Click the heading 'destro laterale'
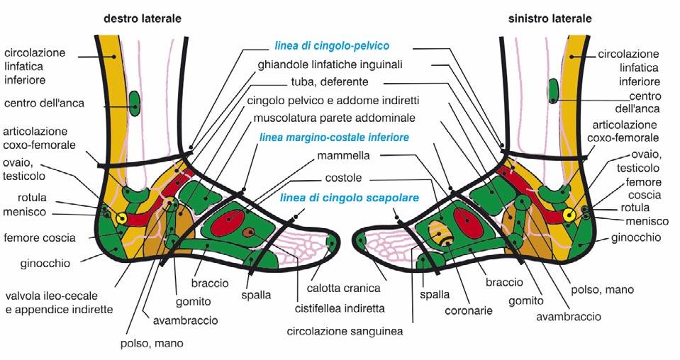point(142,18)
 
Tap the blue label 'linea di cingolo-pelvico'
point(332,46)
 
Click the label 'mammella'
point(323,156)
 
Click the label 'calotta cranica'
point(344,288)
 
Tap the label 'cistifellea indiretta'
point(339,308)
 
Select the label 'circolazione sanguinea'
point(334,330)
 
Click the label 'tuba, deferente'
point(329,82)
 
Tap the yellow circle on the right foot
point(121,218)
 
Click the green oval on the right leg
point(135,103)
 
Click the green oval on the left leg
point(553,91)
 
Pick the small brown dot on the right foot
point(247,232)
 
